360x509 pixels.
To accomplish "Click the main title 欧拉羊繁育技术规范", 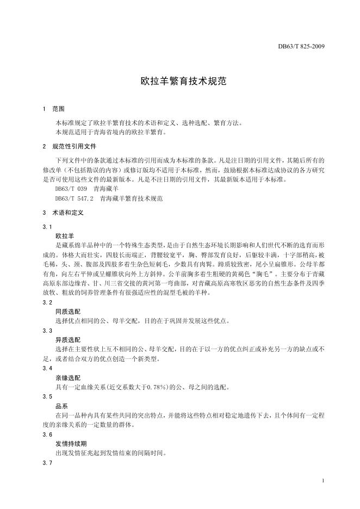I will click(179, 82).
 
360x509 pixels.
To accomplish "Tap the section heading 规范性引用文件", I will click(74, 147).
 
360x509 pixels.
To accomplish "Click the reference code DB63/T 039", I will click(67, 189).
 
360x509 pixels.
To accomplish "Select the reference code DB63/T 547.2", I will click(71, 198).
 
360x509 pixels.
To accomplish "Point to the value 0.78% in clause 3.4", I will click(142, 387).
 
